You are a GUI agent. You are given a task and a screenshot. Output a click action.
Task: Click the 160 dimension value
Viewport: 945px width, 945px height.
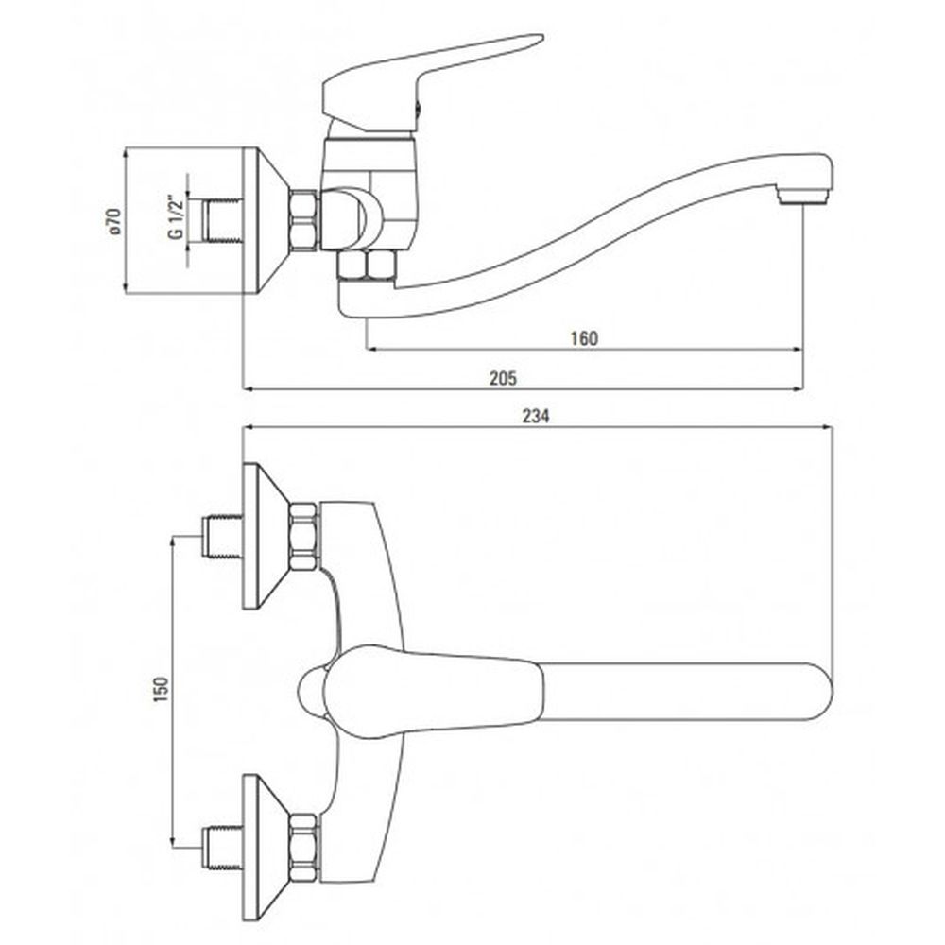pyautogui.click(x=584, y=338)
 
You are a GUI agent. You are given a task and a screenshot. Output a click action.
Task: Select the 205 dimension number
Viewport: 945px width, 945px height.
pyautogui.click(x=503, y=379)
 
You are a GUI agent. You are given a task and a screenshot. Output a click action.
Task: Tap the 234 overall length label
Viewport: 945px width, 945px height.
pyautogui.click(x=536, y=416)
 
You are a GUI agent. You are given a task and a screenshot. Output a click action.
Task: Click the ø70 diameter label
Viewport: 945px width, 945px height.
pyautogui.click(x=114, y=221)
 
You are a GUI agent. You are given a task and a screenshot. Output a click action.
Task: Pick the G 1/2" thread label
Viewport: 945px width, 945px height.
pyautogui.click(x=176, y=216)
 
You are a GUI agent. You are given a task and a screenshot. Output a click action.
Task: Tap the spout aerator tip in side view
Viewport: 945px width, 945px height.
pyautogui.click(x=802, y=196)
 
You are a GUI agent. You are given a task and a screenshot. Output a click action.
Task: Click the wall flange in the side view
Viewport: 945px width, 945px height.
pyautogui.click(x=266, y=220)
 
